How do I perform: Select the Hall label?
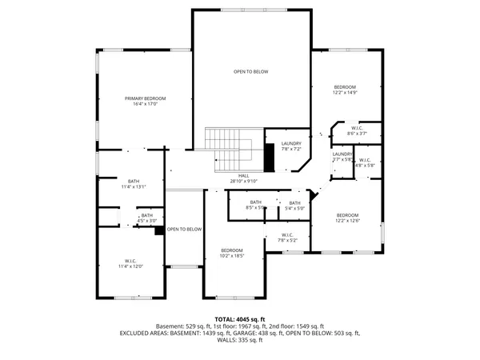pos(244,175)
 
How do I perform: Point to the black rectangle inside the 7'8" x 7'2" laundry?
pos(270,157)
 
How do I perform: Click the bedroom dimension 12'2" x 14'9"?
pos(346,93)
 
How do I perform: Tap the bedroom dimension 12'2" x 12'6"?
pos(348,222)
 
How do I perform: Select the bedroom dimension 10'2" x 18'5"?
pos(231,256)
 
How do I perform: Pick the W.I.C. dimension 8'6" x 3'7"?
pos(358,134)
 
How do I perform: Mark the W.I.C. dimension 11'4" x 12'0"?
pos(130,266)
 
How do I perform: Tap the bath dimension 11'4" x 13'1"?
pos(133,187)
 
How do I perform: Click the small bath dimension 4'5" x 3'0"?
pos(146,221)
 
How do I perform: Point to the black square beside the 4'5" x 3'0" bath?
pos(160,230)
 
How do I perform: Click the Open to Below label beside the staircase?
pos(250,72)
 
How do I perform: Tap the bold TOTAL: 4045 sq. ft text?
pos(239,319)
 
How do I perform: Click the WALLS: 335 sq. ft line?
pos(239,340)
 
